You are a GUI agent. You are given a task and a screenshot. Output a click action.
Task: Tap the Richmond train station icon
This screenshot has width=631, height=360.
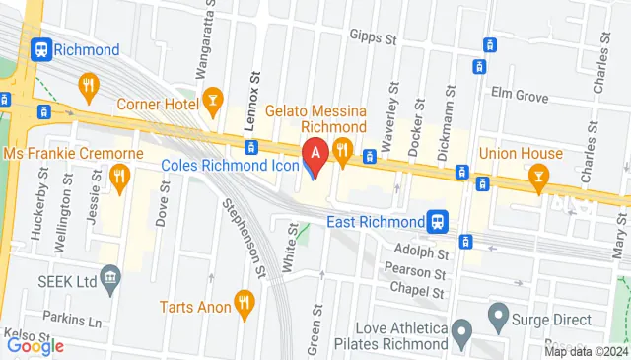click(x=42, y=49)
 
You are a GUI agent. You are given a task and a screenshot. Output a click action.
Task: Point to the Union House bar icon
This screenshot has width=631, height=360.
click(x=538, y=178)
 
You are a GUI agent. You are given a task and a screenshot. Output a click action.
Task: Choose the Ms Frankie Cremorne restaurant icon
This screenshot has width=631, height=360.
click(x=120, y=178)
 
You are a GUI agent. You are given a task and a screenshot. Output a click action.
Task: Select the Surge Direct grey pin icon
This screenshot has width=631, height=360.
click(x=498, y=320)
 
